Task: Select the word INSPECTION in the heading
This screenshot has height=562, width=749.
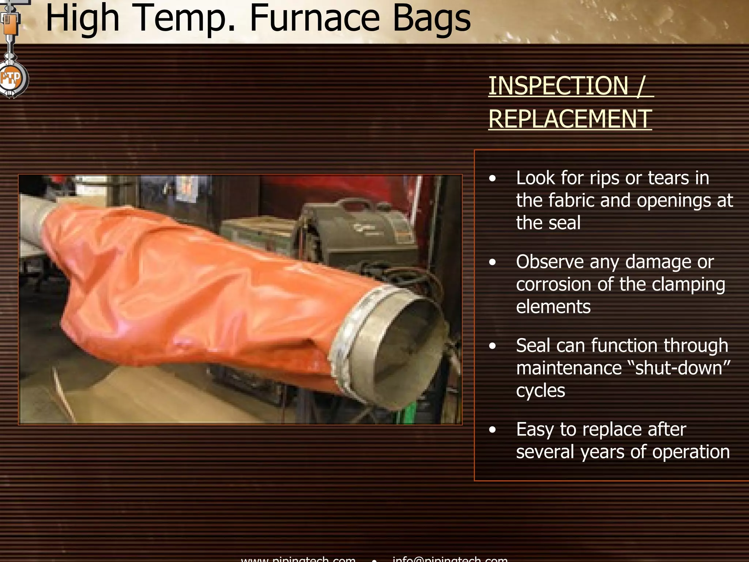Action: tap(558, 86)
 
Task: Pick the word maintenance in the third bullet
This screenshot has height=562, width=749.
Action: tap(569, 368)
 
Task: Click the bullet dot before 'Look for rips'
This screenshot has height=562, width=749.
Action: tap(493, 179)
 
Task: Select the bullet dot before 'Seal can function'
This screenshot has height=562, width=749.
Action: tap(493, 346)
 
